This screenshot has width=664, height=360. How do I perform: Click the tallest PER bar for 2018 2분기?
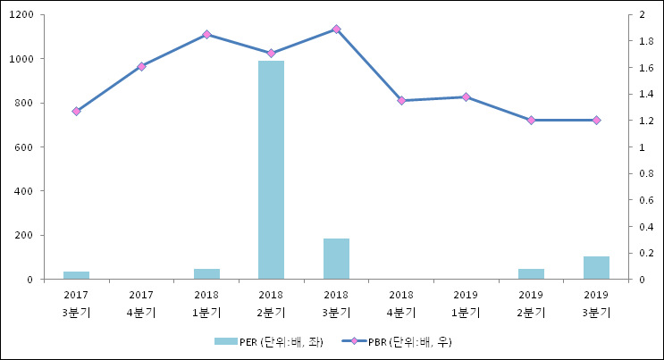271,170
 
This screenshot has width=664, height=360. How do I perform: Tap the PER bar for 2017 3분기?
76,275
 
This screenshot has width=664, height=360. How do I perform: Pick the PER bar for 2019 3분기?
596,267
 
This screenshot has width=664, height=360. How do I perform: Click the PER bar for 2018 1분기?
206,273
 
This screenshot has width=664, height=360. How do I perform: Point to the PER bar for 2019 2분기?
531,273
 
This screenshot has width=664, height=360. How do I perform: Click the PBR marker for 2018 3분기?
336,29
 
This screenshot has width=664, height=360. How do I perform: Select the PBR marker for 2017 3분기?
76,112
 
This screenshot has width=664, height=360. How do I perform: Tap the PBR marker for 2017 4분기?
141,66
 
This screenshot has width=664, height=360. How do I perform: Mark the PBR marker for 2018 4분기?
401,101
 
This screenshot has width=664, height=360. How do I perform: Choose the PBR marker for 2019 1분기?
466,96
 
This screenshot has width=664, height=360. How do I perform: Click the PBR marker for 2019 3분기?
596,120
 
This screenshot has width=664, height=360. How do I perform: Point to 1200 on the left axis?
22,15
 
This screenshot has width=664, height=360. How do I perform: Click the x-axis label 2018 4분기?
401,304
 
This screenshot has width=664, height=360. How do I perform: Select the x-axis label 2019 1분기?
466,304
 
